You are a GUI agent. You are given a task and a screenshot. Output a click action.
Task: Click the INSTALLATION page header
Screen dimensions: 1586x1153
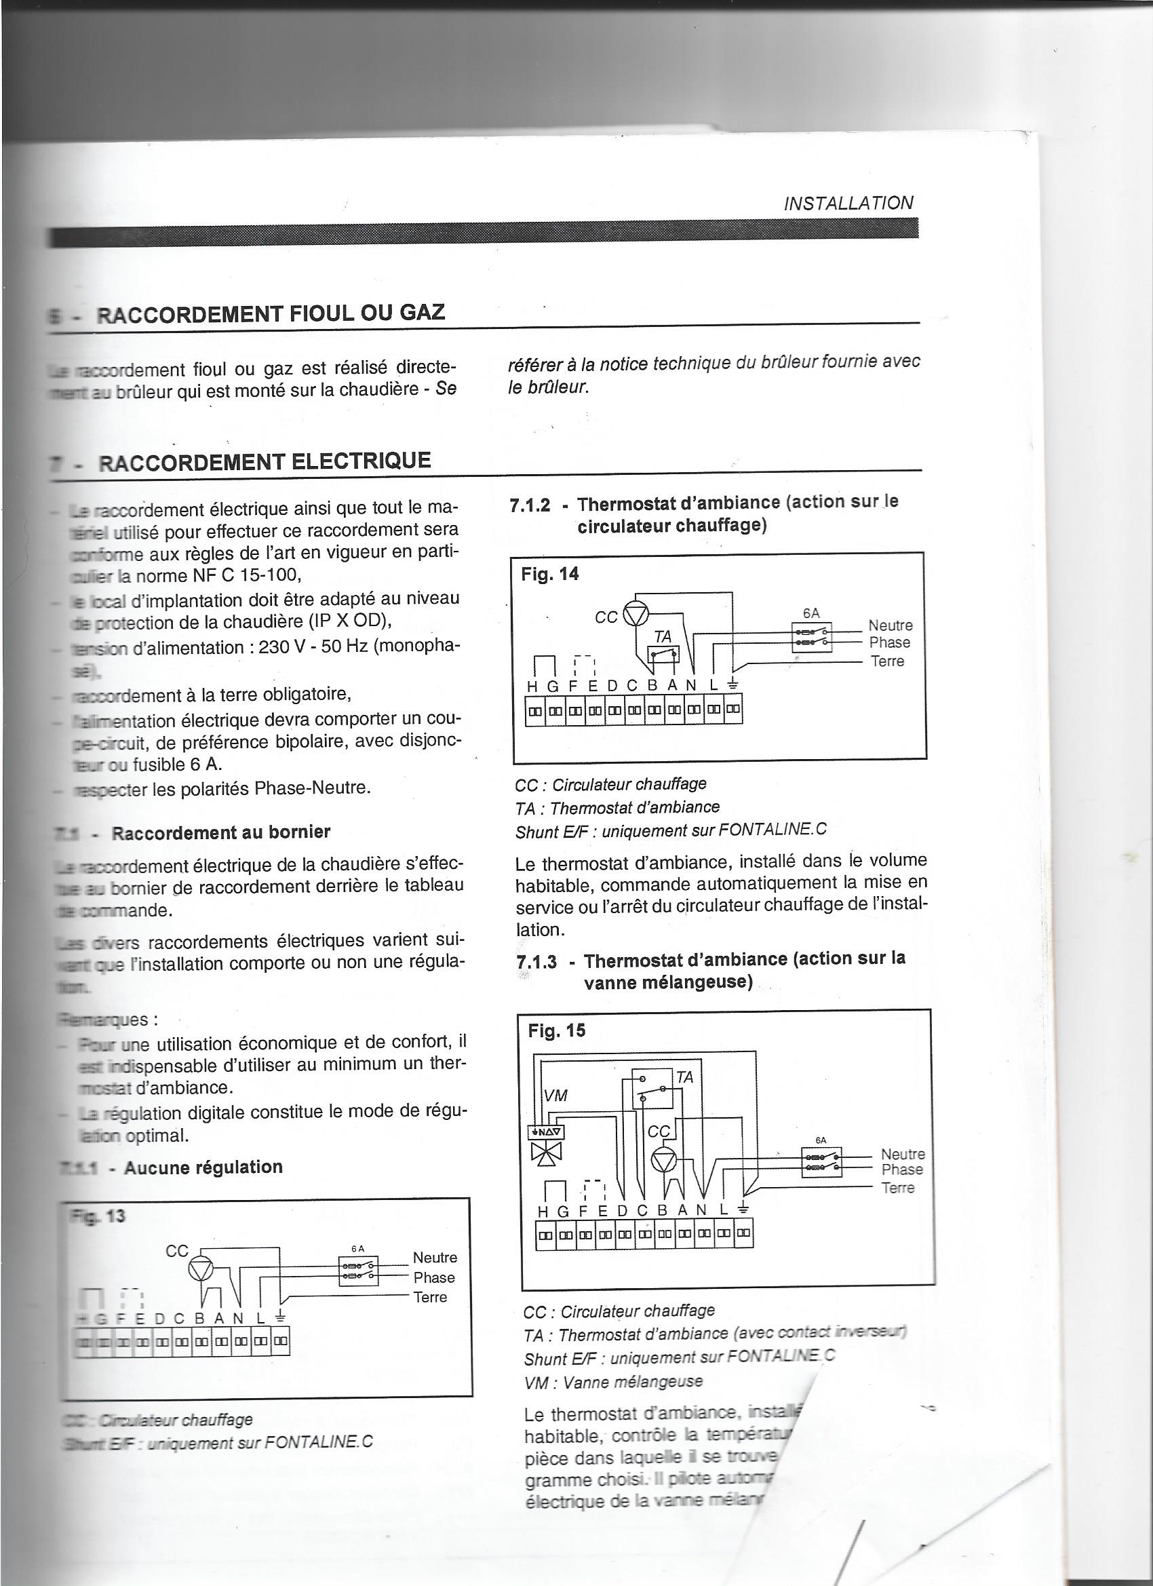point(848,203)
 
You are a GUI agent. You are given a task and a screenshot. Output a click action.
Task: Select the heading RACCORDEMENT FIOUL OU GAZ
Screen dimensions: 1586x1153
point(271,311)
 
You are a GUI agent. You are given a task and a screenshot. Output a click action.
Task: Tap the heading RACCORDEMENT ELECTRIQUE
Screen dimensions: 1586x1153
point(265,461)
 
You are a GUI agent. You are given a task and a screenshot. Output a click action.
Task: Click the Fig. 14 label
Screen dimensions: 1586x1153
point(549,574)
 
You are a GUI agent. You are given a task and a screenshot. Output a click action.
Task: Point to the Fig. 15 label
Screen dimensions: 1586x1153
point(557,1030)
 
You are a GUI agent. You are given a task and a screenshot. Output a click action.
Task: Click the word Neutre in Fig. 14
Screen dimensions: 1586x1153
point(890,625)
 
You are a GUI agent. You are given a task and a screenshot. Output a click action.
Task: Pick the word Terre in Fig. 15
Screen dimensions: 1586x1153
point(898,1187)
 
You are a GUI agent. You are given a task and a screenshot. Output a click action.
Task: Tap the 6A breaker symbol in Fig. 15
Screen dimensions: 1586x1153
point(821,1161)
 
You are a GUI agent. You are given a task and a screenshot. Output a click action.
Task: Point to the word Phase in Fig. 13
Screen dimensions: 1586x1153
point(434,1277)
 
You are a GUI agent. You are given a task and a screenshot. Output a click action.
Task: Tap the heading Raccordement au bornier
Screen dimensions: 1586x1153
point(221,832)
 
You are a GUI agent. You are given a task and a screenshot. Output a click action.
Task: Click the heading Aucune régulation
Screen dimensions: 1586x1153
point(203,1167)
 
